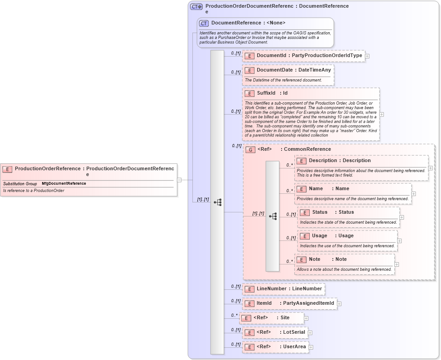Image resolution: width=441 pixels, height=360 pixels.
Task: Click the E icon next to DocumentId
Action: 249,56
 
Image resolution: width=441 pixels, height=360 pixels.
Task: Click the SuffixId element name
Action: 266,93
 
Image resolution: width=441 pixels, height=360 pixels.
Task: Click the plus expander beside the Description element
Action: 430,168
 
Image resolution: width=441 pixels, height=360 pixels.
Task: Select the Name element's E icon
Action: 302,189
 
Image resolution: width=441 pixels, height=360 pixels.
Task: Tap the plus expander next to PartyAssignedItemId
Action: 339,304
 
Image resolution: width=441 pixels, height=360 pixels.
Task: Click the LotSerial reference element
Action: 280,332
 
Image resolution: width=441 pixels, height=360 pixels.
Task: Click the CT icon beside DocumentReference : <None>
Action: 204,23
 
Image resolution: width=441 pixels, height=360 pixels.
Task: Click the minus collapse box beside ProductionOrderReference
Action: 179,180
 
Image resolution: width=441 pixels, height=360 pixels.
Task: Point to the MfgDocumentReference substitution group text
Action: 63,184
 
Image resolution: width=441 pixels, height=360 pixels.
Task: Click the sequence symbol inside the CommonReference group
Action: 273,216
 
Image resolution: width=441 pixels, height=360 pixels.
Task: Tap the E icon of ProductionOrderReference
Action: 7,169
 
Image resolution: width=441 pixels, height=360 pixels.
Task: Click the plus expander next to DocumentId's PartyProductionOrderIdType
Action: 367,56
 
